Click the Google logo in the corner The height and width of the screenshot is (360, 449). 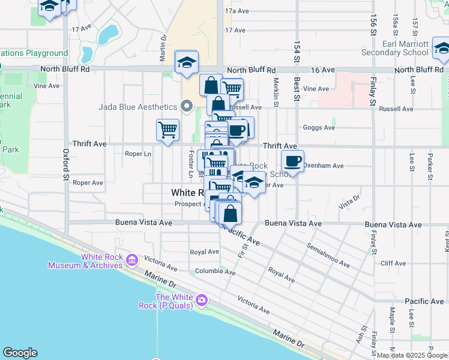[20, 353]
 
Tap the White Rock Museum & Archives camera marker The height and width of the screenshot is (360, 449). [133, 260]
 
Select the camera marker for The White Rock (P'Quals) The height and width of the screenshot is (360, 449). [202, 299]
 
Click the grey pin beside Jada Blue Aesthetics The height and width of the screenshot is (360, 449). [187, 107]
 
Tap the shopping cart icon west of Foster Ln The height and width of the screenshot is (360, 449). [168, 129]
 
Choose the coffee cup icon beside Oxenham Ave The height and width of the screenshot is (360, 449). [292, 161]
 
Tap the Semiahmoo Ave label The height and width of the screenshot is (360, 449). [328, 255]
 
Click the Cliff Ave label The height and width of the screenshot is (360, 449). [393, 263]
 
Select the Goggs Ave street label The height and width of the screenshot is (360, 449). [319, 128]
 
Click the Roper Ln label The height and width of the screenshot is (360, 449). [138, 154]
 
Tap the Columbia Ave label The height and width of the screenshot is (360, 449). [215, 271]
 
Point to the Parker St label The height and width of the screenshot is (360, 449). [430, 163]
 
